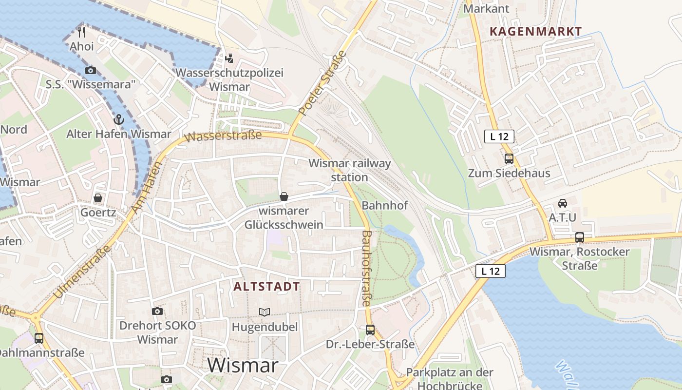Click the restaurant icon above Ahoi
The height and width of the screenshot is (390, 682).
[81, 32]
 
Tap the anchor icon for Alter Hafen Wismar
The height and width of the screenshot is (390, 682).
[118, 119]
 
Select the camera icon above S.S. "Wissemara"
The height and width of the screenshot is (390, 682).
[91, 70]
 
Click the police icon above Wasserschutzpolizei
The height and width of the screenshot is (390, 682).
[229, 58]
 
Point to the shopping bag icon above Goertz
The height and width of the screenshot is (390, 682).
[98, 198]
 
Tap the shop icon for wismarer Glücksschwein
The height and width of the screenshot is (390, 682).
[284, 196]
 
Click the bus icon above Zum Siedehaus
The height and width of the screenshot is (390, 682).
[509, 158]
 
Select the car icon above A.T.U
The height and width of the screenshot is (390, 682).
[563, 203]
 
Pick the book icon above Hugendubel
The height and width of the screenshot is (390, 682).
[265, 312]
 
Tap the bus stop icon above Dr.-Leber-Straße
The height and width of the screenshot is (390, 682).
[370, 330]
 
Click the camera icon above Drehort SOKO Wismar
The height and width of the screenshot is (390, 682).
[157, 311]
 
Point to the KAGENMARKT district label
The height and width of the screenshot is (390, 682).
[535, 32]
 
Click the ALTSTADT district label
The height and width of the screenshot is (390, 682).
[266, 287]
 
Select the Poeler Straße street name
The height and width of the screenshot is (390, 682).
[322, 83]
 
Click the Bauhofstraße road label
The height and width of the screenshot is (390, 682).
[366, 268]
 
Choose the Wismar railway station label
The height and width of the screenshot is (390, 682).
[350, 170]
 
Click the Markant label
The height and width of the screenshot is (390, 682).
[486, 9]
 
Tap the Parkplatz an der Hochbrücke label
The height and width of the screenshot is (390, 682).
[450, 378]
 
